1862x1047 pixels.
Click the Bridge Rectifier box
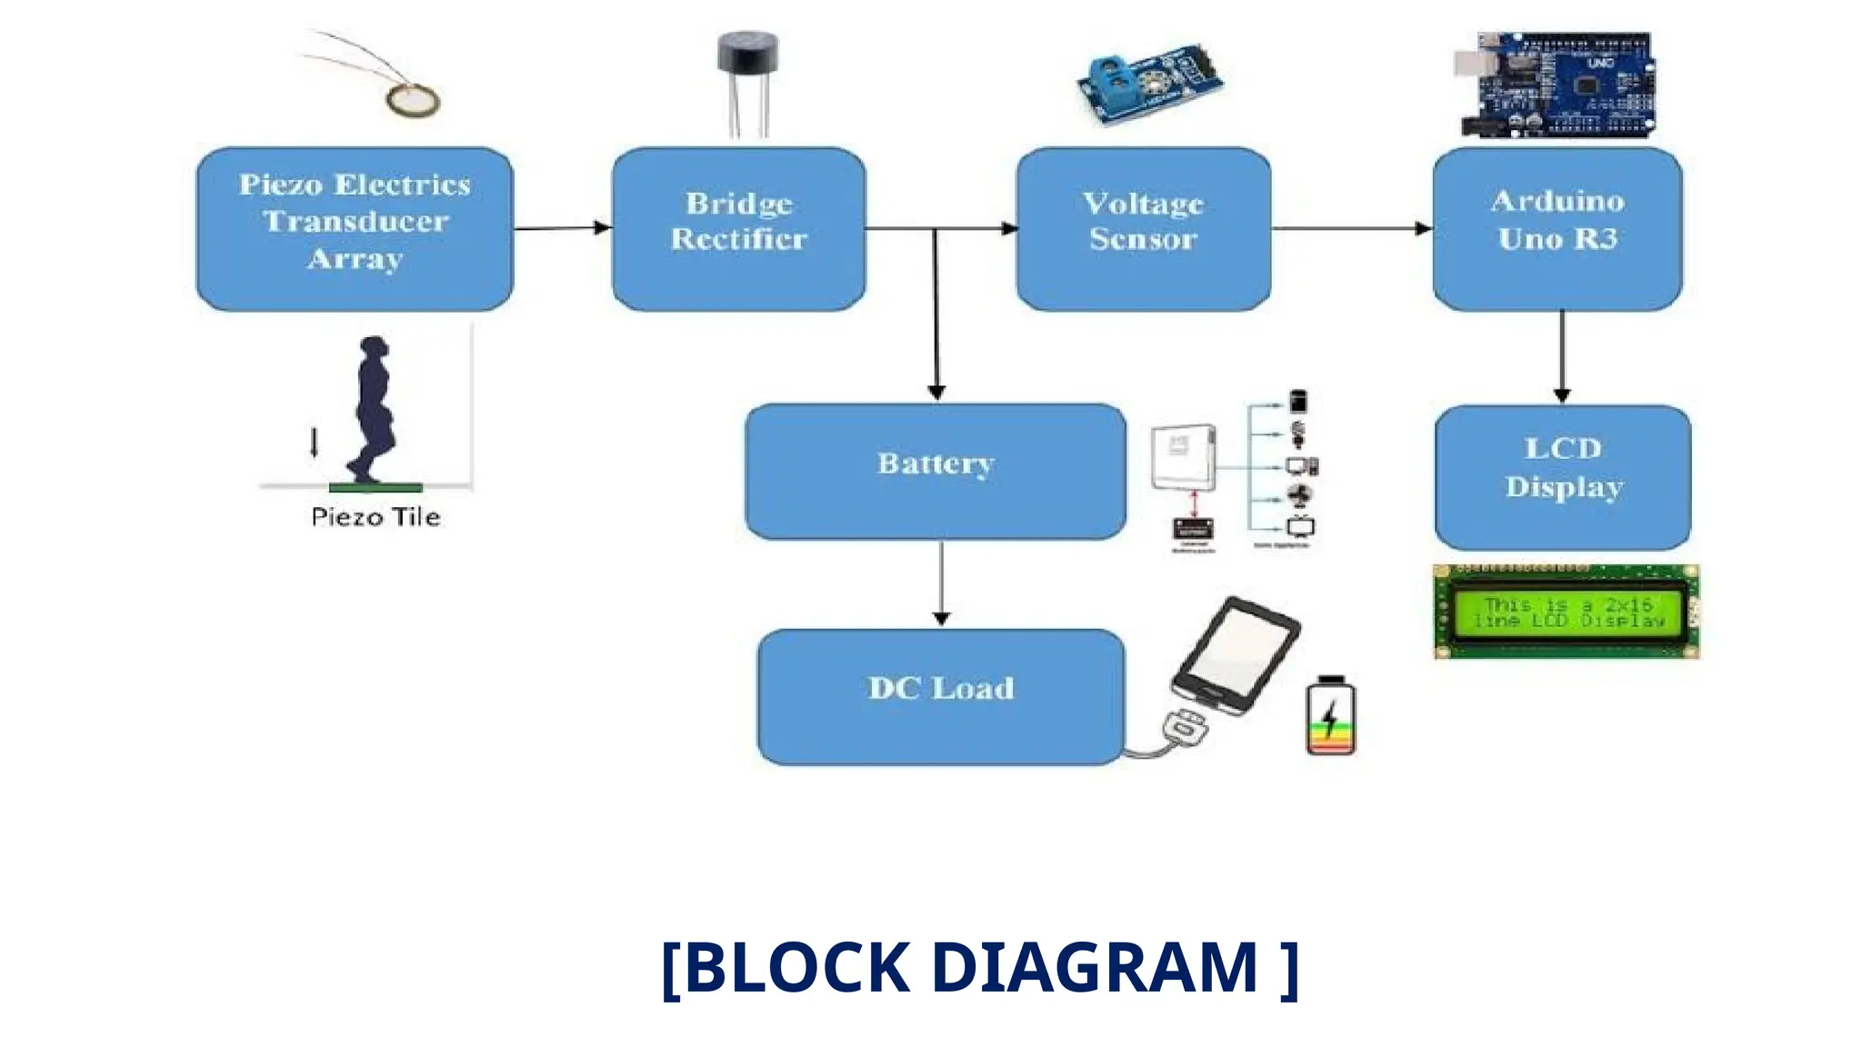click(738, 229)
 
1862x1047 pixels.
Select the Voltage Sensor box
click(1143, 229)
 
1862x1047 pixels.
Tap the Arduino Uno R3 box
click(1557, 229)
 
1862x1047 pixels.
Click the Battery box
click(935, 471)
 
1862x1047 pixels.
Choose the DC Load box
click(940, 696)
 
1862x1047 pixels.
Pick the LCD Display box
click(1562, 476)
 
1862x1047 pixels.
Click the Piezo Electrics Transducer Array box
click(355, 229)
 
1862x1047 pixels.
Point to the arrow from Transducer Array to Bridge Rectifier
click(562, 228)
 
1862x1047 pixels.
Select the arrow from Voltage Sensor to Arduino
click(1351, 228)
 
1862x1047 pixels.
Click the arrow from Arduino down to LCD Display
click(1562, 356)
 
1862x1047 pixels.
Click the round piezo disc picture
click(413, 100)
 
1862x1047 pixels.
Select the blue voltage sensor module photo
click(1149, 82)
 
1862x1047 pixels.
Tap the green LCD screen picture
click(1566, 612)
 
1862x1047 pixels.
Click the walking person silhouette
click(373, 409)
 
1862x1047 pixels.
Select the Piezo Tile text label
click(375, 517)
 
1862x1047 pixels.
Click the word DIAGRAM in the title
click(1095, 967)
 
